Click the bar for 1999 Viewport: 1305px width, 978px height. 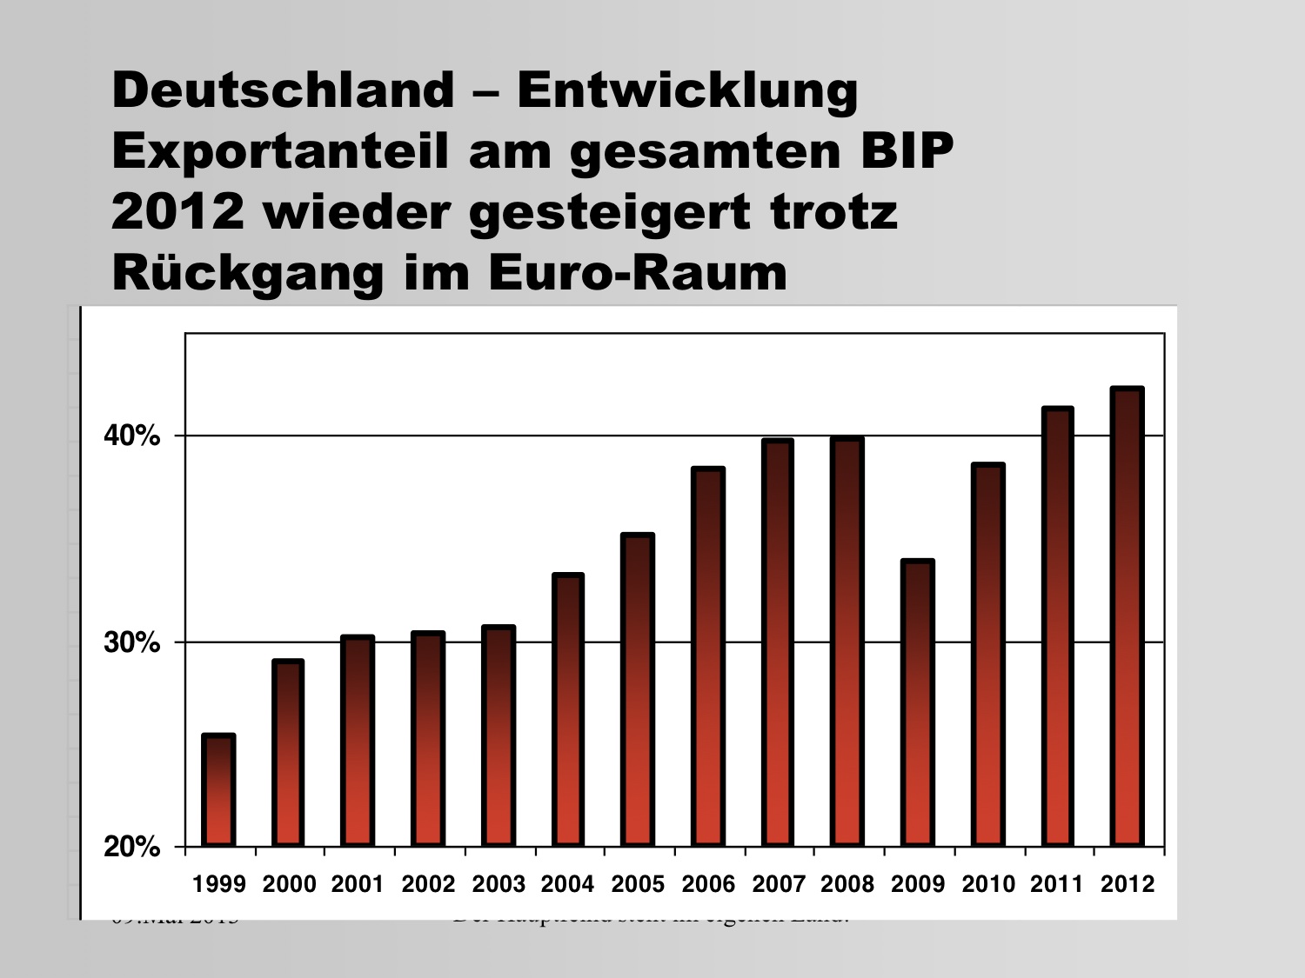click(x=218, y=790)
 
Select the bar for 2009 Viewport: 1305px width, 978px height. click(x=918, y=703)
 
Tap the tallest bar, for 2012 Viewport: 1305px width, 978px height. click(x=1128, y=617)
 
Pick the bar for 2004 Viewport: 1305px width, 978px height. click(x=568, y=710)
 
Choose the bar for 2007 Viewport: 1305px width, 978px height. click(x=778, y=642)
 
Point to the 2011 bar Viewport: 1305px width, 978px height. click(x=1058, y=627)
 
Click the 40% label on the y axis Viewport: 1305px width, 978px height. click(x=131, y=436)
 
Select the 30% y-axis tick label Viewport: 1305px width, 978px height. click(x=131, y=643)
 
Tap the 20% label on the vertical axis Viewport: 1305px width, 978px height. click(x=131, y=847)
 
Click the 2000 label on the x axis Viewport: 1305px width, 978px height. click(x=289, y=885)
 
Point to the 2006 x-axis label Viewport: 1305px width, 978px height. click(x=708, y=885)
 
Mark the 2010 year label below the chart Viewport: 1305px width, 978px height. click(x=988, y=885)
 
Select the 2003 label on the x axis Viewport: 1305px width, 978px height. click(x=499, y=885)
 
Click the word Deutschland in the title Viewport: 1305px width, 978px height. click(x=284, y=90)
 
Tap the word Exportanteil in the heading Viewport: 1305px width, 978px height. click(x=280, y=150)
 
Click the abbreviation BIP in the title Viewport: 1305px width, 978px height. click(x=907, y=150)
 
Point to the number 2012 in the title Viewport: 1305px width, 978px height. click(x=177, y=211)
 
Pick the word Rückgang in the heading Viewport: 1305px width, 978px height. click(x=248, y=274)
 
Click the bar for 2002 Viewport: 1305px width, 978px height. click(x=428, y=739)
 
